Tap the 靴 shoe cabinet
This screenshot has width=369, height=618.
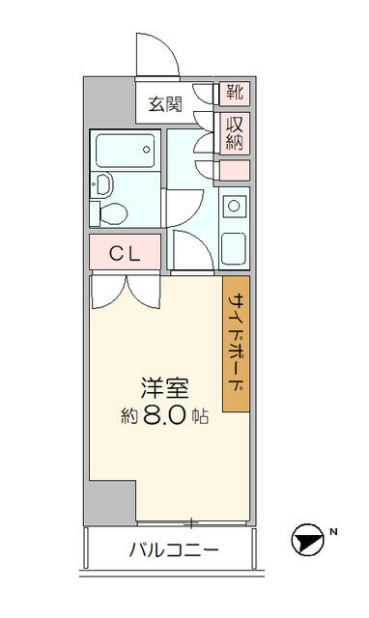[x=235, y=94]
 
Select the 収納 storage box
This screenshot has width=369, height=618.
[x=235, y=133]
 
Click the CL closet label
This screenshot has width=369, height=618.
[x=125, y=253]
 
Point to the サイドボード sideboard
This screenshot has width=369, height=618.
[x=236, y=344]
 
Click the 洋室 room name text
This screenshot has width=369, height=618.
[x=165, y=388]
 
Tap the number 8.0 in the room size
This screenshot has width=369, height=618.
[x=164, y=414]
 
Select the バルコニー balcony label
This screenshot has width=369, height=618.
[x=174, y=549]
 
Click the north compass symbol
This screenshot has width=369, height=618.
[x=307, y=540]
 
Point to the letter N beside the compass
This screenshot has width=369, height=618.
[x=333, y=532]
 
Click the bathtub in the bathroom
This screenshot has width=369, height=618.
[x=125, y=151]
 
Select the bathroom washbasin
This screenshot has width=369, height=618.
[x=103, y=184]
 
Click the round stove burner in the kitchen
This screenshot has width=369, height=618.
[x=234, y=206]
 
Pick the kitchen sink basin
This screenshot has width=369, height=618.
[x=234, y=249]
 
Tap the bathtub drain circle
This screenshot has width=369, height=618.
[x=147, y=150]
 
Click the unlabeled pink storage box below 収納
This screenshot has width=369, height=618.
[x=235, y=171]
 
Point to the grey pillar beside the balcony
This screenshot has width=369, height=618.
[x=110, y=503]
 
